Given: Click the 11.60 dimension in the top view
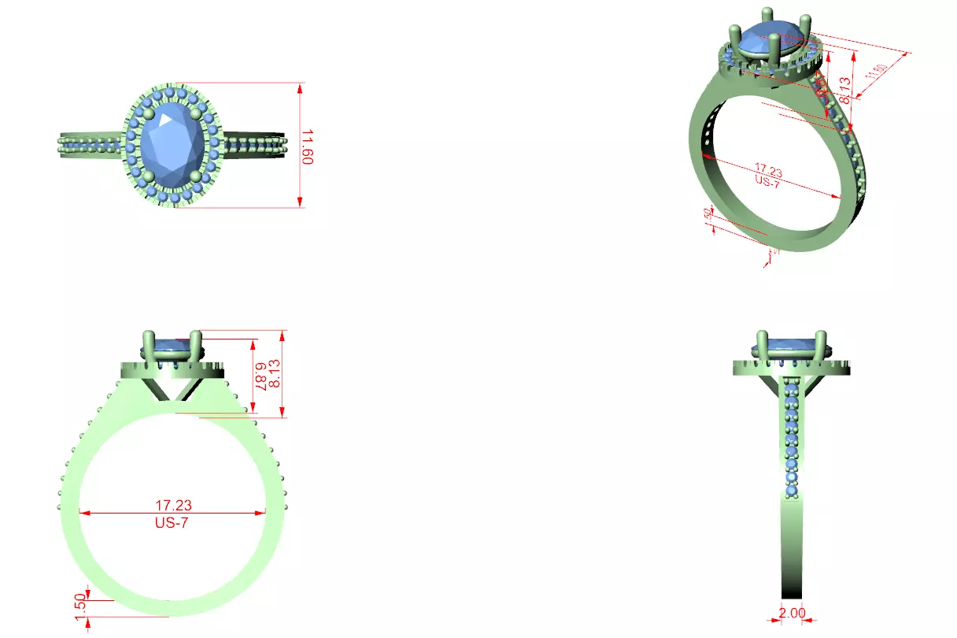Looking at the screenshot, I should (x=308, y=146).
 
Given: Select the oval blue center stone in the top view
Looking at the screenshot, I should (x=173, y=144).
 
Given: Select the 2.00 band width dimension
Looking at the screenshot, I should (x=793, y=613).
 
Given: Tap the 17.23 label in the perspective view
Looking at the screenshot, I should (x=769, y=169).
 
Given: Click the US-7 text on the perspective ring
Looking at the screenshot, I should (x=767, y=180).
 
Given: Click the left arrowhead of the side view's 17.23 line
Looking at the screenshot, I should (x=83, y=513).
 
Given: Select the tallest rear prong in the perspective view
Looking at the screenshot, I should (x=764, y=19).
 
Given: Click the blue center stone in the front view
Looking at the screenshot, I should (x=792, y=345).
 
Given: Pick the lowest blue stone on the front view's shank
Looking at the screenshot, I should (x=792, y=491).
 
